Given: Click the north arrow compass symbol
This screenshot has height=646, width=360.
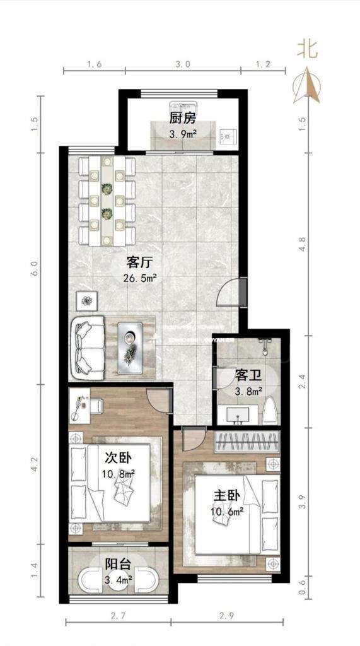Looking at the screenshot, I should [x=307, y=85].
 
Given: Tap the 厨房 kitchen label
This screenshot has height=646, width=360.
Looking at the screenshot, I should [x=182, y=119].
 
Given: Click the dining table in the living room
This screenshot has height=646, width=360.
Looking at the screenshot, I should [x=107, y=201].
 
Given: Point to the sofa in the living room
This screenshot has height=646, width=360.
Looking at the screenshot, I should [x=88, y=348].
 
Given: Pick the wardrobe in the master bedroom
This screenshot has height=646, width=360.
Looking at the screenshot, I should [x=247, y=442].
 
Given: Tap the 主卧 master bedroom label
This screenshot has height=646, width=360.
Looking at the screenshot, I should [x=225, y=495].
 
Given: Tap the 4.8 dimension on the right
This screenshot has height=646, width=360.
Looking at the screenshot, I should [x=302, y=244].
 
